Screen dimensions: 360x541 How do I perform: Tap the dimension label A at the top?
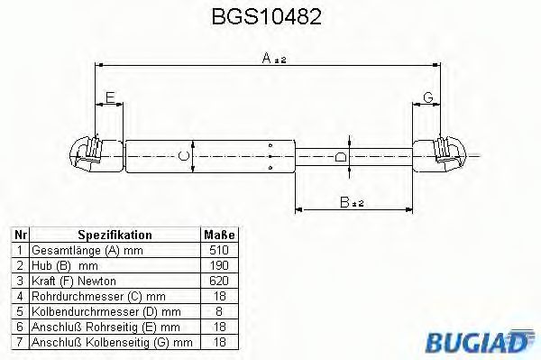click(x=268, y=57)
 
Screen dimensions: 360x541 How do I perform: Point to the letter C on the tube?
click(x=183, y=156)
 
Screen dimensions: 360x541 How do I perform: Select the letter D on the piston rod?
click(x=340, y=156)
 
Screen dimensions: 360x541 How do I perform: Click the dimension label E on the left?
click(x=109, y=97)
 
